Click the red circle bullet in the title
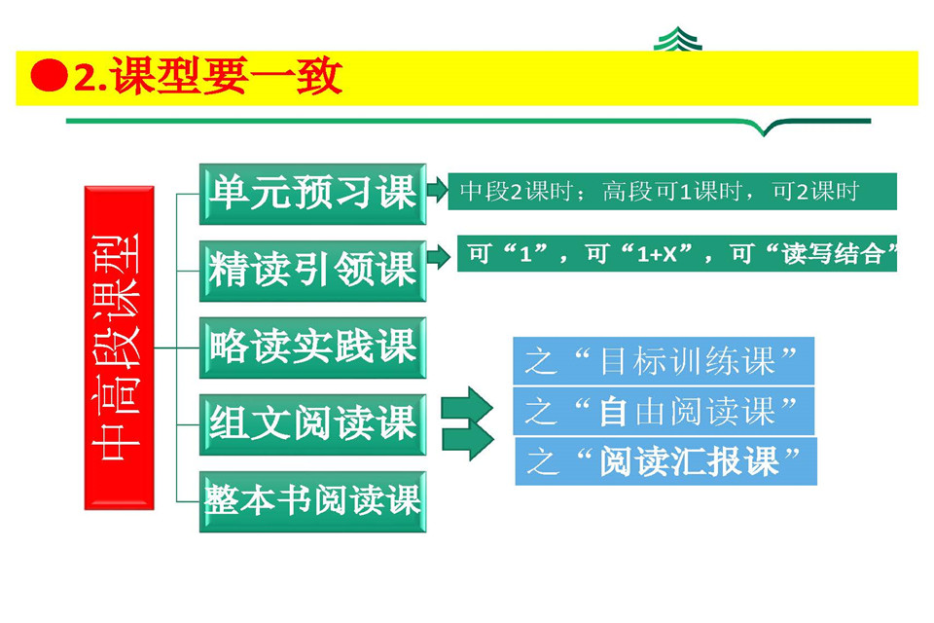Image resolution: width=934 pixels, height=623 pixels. (x=49, y=77)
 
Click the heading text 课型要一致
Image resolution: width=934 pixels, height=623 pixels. (x=228, y=77)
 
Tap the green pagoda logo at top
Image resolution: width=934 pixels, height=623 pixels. (x=679, y=41)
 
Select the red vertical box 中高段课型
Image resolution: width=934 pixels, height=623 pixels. (x=120, y=347)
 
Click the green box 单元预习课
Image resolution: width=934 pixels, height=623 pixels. (x=312, y=193)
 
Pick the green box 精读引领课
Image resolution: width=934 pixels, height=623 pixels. (x=312, y=269)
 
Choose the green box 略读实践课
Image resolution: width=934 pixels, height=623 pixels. (x=312, y=347)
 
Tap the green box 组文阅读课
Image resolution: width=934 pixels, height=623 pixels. (x=312, y=423)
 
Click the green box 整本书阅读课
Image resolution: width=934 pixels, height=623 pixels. (x=312, y=500)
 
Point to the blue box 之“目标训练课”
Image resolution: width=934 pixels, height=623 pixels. (x=663, y=361)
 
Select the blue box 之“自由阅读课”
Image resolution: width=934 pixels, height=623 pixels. (x=663, y=411)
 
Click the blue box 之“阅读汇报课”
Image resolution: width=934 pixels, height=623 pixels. (x=665, y=460)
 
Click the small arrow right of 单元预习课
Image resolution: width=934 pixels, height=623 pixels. (x=437, y=187)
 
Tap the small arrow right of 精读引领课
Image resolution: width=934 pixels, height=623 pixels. (x=439, y=257)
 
